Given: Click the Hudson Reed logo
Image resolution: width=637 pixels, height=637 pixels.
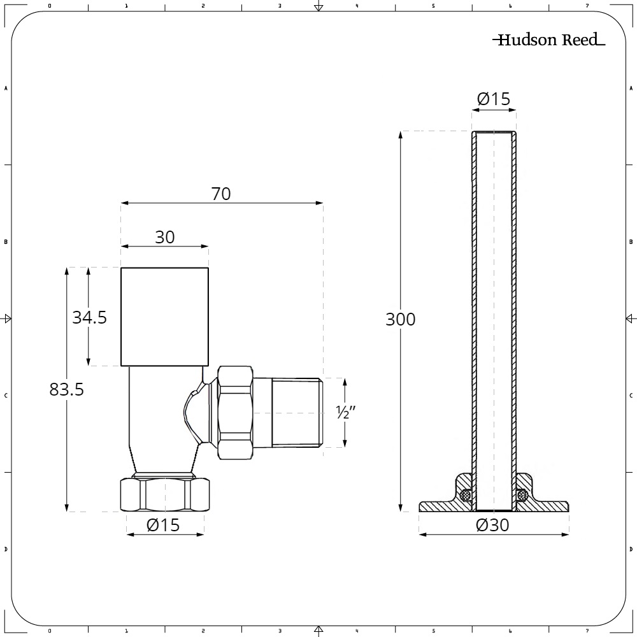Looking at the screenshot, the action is [549, 39].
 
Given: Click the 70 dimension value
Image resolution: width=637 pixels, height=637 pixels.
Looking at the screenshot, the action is [221, 194].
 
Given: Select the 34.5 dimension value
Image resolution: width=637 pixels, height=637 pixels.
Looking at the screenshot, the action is [89, 317].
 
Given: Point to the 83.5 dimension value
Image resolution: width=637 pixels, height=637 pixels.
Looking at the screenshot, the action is [67, 389].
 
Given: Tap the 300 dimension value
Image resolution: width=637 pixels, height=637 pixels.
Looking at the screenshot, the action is [401, 319].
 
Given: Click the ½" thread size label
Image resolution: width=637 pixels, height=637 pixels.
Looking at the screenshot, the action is [346, 412].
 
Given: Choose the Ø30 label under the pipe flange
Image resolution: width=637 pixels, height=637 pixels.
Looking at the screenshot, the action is [492, 525].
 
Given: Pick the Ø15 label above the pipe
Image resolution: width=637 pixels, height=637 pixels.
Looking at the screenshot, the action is [494, 99].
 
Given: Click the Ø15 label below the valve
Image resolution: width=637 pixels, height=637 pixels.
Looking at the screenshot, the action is [163, 525].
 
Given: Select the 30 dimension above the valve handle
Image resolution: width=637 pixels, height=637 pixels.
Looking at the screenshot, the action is [165, 237].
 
